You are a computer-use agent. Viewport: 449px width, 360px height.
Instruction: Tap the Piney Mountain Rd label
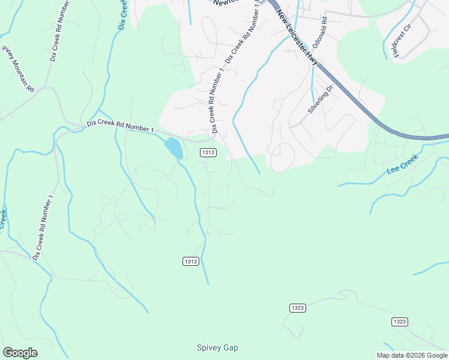18,69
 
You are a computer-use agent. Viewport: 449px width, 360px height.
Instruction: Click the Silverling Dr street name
320,100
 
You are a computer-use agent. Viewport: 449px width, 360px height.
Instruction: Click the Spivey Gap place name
217,347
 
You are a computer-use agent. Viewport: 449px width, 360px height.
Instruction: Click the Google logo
20,353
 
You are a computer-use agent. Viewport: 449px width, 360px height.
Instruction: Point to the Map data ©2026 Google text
412,355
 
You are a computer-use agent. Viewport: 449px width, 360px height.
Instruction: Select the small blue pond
173,147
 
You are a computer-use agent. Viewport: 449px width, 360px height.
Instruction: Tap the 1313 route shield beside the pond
208,153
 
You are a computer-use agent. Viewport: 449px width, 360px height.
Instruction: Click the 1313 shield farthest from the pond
190,261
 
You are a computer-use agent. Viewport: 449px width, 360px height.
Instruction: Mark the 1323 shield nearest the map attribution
400,322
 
